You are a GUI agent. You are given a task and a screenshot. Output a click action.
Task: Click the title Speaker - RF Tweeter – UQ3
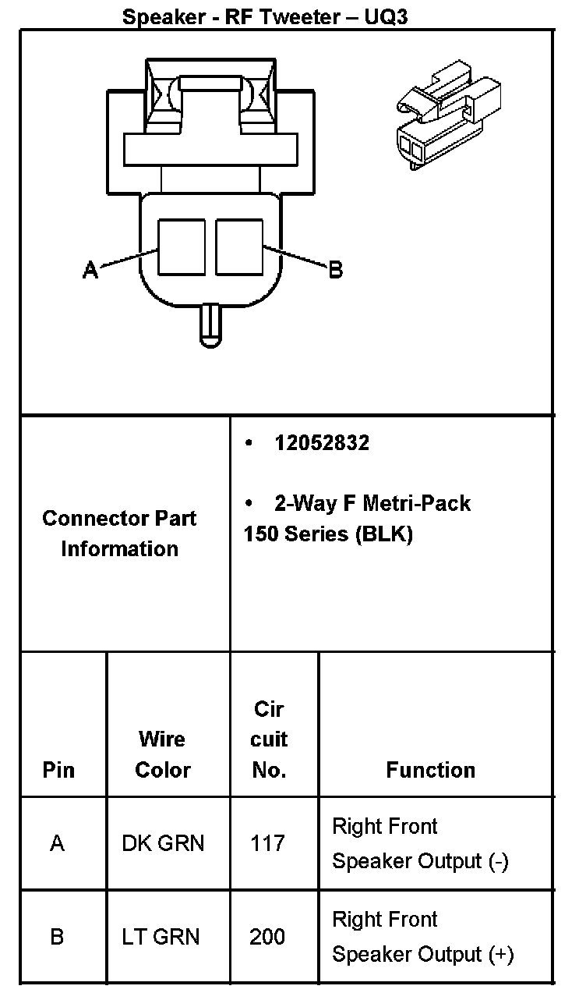[265, 16]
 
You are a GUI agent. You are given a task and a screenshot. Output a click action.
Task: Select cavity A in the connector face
[182, 246]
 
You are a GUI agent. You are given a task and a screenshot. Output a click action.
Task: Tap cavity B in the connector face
[239, 246]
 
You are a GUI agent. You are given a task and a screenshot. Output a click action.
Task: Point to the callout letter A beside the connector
[90, 270]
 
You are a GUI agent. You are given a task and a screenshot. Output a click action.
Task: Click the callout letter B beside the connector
[335, 270]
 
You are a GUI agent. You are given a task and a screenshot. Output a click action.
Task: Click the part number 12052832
[322, 443]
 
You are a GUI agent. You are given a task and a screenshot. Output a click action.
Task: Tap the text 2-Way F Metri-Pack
[372, 503]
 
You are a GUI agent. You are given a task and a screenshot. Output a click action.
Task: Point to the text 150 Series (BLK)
[327, 534]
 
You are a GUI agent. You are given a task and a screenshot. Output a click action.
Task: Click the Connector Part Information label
[119, 534]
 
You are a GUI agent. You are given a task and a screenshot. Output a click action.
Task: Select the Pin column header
[58, 770]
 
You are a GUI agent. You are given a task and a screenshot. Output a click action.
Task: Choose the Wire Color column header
[162, 754]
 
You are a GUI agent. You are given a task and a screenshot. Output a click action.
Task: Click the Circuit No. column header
[269, 739]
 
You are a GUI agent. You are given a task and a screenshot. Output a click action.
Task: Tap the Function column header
[430, 770]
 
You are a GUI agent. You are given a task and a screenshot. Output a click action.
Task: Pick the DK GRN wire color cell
[163, 843]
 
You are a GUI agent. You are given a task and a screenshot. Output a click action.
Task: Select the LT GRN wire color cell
[161, 936]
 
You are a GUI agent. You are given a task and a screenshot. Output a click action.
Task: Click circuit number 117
[267, 843]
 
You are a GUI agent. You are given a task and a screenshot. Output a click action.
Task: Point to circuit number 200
[267, 936]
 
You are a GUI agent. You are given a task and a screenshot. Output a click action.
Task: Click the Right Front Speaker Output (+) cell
[422, 936]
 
